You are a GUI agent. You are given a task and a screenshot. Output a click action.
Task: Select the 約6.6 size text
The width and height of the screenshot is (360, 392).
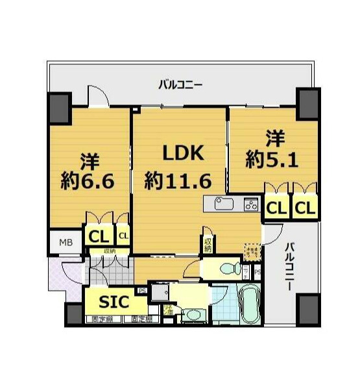click(90, 179)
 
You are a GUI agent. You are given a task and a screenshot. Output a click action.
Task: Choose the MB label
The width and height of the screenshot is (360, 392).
click(66, 243)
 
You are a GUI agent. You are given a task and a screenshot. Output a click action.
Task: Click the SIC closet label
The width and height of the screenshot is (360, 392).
click(114, 302)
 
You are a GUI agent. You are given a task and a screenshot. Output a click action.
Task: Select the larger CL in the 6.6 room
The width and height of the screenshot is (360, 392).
click(98, 234)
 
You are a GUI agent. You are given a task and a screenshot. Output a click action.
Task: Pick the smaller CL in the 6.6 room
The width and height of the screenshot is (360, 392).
click(123, 234)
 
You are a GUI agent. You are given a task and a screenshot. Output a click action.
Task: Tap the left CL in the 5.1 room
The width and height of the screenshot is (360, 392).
click(276, 208)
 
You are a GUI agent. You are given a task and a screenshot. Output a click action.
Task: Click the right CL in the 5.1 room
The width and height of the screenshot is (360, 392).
click(305, 208)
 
